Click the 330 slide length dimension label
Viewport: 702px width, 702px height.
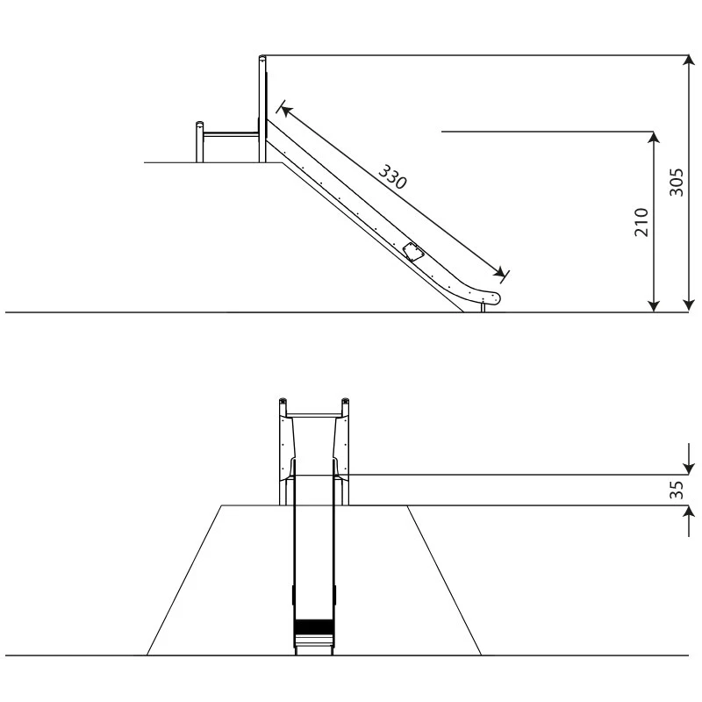point(393,176)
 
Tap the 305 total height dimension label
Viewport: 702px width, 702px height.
point(677,183)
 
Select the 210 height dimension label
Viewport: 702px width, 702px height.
point(641,222)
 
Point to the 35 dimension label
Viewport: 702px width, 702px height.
point(677,490)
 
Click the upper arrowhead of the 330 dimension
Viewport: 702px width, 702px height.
point(287,111)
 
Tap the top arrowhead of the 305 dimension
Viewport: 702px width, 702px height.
point(689,61)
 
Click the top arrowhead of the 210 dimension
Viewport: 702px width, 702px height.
point(654,138)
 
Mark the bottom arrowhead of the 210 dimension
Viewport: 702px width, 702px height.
point(654,305)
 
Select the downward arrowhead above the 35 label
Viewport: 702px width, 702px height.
point(689,469)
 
